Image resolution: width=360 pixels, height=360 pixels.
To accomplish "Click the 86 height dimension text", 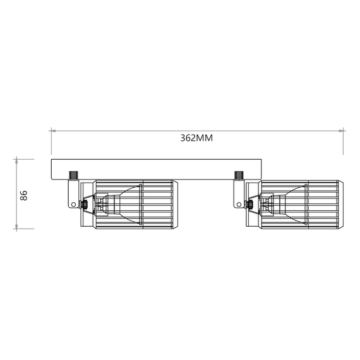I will [24, 194].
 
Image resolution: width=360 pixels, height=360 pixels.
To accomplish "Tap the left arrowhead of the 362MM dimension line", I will [54, 131].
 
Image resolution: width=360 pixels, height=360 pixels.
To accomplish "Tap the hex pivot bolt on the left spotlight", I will [83, 204].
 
